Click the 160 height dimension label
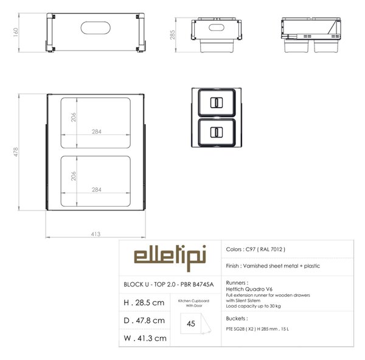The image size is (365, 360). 16,32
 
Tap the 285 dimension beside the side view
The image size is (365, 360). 172,35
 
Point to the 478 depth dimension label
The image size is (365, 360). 16,152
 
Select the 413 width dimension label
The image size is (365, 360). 96,234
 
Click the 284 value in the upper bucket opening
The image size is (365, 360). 97,131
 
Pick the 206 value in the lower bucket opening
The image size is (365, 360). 74,176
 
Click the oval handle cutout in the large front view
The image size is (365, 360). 96,28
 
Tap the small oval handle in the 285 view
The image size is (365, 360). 217,27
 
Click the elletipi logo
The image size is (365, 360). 170,257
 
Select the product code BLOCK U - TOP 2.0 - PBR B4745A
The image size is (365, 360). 169,285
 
